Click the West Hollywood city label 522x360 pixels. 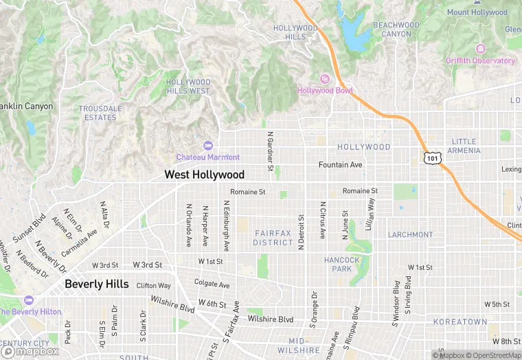coord(204,175)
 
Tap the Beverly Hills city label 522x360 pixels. coord(96,284)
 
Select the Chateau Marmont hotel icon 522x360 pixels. coord(208,146)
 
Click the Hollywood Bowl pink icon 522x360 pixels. coord(325,79)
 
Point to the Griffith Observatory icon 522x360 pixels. coord(479,49)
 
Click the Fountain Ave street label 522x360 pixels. coord(340,165)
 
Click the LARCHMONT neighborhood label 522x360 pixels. coord(410,234)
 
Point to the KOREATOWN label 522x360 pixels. coord(459,322)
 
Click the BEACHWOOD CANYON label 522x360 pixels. coord(396,30)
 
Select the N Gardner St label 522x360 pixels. coord(270,151)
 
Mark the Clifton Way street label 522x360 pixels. coord(153,285)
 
